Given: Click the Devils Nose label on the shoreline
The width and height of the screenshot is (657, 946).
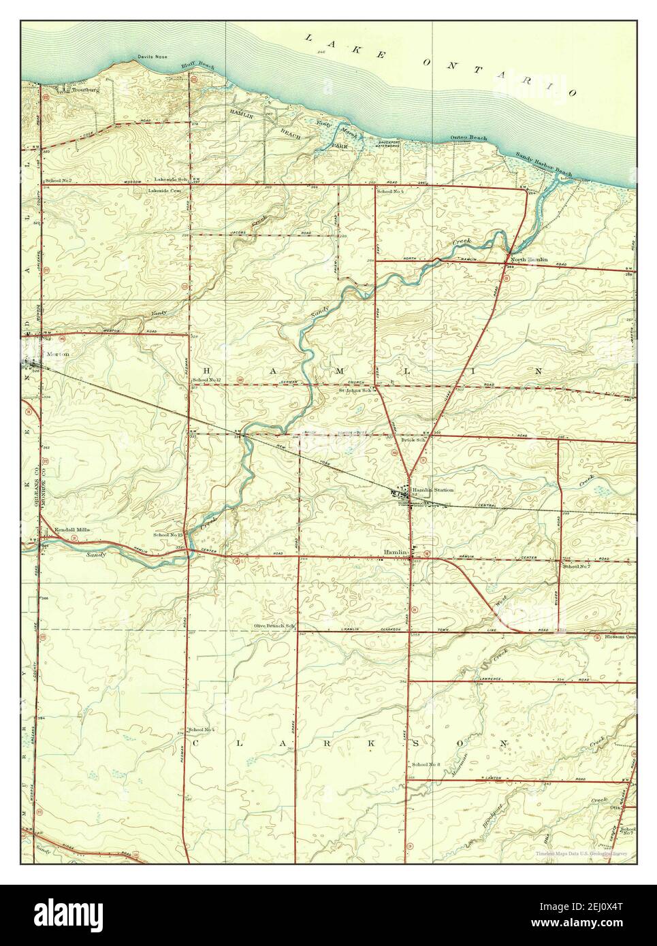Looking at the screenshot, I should [152, 57].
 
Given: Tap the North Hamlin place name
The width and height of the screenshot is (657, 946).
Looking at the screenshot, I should [530, 259].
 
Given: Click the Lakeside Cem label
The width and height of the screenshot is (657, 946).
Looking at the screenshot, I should [167, 191].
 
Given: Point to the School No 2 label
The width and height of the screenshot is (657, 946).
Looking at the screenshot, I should [59, 180].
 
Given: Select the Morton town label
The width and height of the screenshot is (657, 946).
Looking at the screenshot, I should [58, 355].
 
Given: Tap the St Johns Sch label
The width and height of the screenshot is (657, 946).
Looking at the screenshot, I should [355, 391].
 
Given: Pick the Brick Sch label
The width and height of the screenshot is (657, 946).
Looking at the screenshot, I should [413, 440].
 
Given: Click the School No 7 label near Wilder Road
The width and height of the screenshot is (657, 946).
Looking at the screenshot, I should [576, 566].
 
